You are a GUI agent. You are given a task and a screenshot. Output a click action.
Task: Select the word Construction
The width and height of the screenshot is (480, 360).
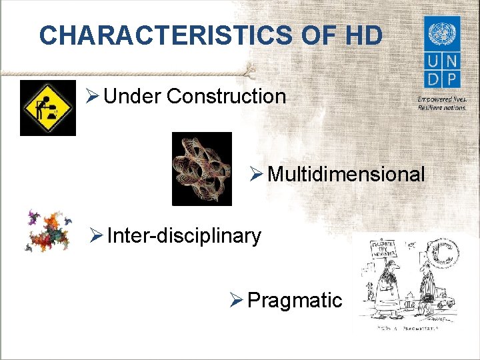click(226, 97)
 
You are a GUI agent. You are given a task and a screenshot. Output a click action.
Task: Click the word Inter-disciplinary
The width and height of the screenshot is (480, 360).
click(184, 235)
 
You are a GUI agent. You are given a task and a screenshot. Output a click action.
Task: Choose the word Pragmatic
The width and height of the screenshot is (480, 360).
click(294, 300)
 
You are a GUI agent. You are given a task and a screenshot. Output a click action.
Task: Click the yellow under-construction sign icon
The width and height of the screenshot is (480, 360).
click(48, 107)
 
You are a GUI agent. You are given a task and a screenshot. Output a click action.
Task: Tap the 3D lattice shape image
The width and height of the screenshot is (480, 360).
click(202, 168)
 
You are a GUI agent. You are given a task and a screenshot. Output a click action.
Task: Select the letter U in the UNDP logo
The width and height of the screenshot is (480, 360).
click(433, 61)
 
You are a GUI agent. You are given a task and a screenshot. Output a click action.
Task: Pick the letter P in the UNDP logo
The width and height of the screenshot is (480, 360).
click(451, 79)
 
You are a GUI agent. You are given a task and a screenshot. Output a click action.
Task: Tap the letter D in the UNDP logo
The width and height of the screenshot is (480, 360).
click(433, 79)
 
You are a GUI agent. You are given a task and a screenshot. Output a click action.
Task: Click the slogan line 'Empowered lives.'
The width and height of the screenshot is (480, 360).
click(441, 100)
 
